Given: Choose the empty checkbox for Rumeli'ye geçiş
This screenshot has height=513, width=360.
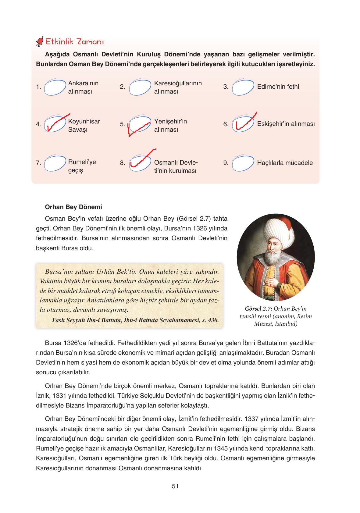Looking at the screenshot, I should [55, 163].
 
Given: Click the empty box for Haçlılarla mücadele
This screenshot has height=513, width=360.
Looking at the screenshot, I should [243, 163].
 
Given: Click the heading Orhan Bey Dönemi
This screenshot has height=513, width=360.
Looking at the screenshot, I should [73, 207].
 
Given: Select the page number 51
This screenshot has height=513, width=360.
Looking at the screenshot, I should [175, 486].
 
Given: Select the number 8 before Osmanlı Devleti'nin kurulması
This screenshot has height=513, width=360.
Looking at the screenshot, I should [123, 163].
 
